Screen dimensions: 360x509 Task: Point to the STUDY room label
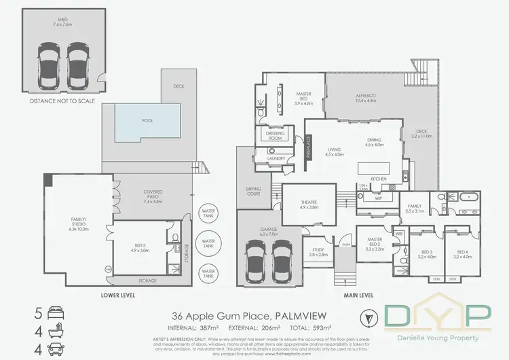pos(313,251)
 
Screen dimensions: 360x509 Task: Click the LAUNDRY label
pos(276,159)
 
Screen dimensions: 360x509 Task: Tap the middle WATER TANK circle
pos(208,242)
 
